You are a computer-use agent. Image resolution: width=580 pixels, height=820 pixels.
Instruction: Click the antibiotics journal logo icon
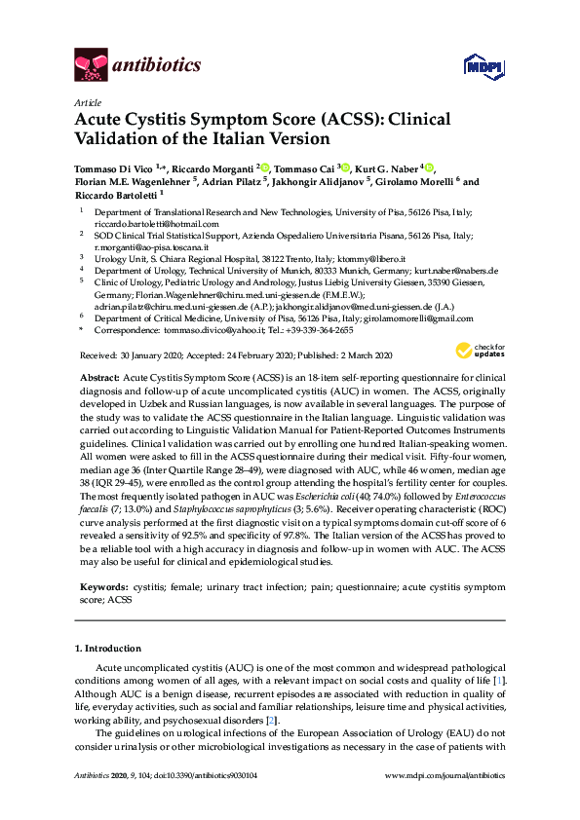(91, 66)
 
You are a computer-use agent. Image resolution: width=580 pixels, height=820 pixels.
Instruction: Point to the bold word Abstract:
(98, 376)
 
